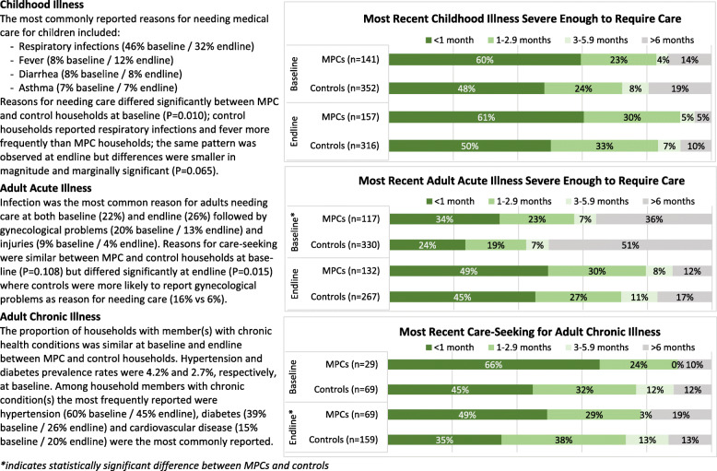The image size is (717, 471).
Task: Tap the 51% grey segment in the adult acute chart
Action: tap(629, 246)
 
